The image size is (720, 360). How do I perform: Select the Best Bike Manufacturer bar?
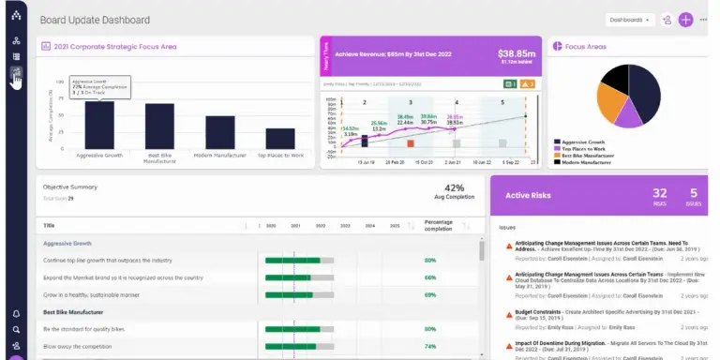click(x=159, y=126)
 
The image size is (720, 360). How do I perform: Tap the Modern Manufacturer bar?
click(x=219, y=131)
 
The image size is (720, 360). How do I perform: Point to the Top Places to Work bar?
click(x=279, y=138)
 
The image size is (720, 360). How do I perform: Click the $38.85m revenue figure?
click(x=516, y=53)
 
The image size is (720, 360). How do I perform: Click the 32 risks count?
click(x=660, y=193)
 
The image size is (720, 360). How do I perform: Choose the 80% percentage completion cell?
click(x=430, y=260)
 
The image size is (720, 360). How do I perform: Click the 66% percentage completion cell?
click(x=430, y=277)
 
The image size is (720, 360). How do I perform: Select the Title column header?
click(x=50, y=225)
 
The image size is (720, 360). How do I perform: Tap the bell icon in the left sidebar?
click(x=16, y=314)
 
